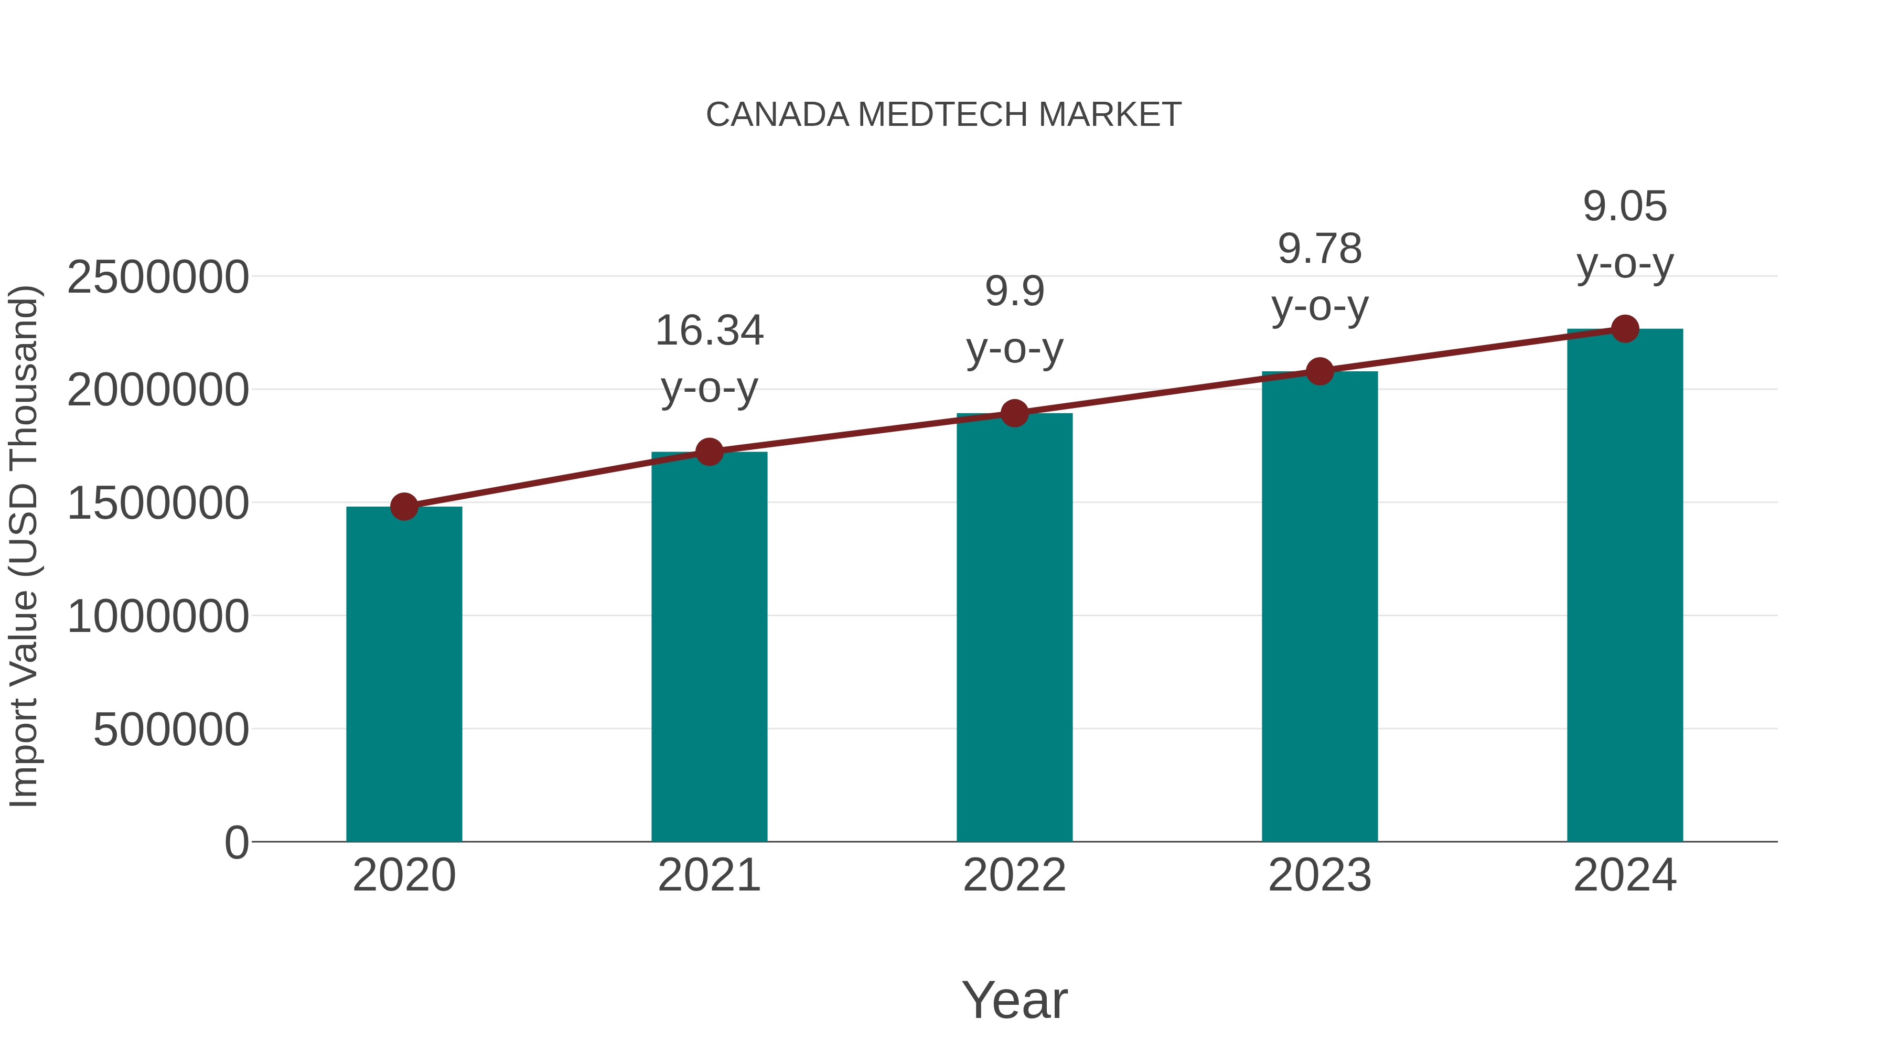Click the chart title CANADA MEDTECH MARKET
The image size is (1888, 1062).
pyautogui.click(x=943, y=115)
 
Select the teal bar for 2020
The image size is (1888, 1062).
pyautogui.click(x=404, y=674)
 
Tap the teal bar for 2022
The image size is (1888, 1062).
pyautogui.click(x=1014, y=627)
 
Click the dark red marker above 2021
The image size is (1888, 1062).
pyautogui.click(x=709, y=452)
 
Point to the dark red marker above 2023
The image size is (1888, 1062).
pyautogui.click(x=1320, y=372)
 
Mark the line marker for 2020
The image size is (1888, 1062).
pyautogui.click(x=404, y=507)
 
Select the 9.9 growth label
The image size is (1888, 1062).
pyautogui.click(x=1014, y=292)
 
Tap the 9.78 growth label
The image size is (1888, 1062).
pyautogui.click(x=1320, y=249)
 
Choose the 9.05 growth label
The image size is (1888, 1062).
pyautogui.click(x=1625, y=207)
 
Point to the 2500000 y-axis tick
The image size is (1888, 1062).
pyautogui.click(x=157, y=278)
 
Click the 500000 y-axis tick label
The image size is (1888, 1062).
pyautogui.click(x=171, y=730)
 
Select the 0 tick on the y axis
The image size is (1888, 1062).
pyautogui.click(x=236, y=843)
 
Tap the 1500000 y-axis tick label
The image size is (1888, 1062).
pyautogui.click(x=157, y=504)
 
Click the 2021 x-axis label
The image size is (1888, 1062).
pyautogui.click(x=709, y=876)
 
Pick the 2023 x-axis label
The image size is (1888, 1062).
pyautogui.click(x=1320, y=876)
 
